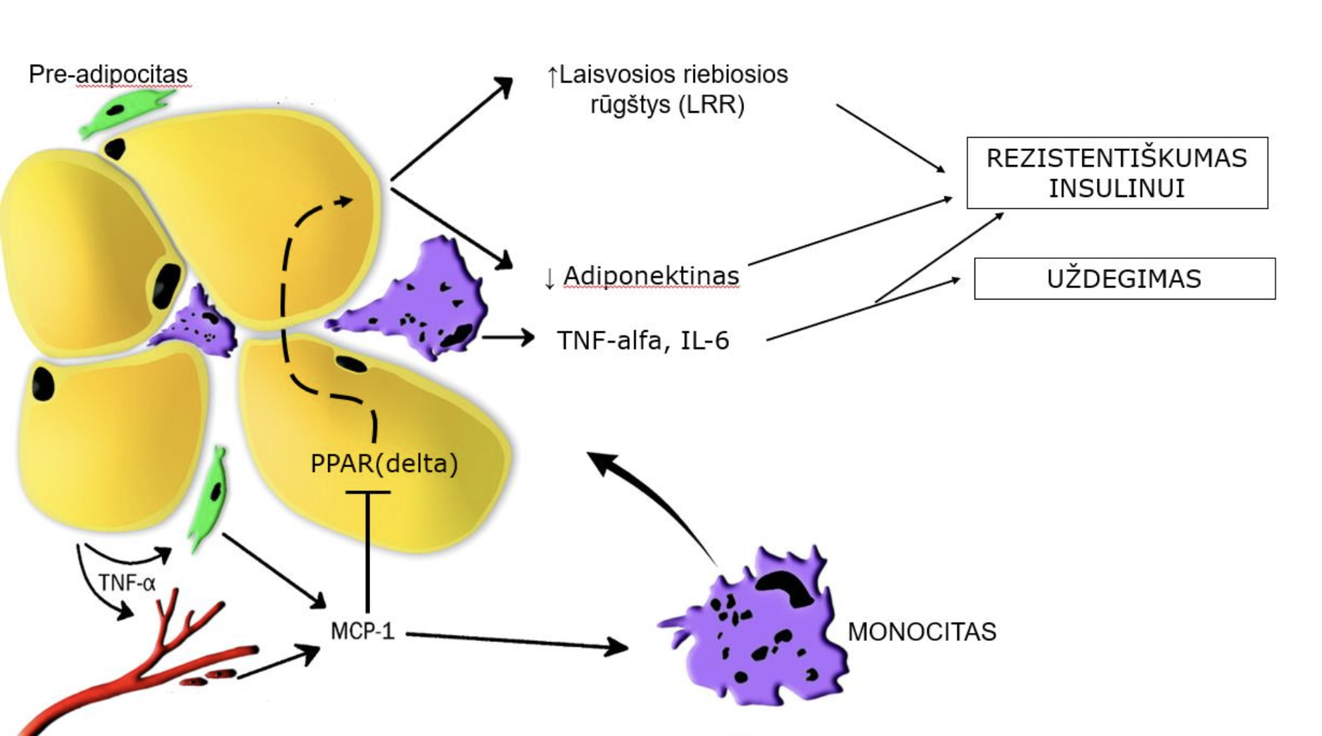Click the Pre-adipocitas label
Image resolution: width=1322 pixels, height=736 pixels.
tap(108, 74)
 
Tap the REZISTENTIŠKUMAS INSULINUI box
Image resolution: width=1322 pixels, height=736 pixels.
tap(1116, 173)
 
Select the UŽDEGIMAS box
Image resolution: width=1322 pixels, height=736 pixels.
tap(1124, 279)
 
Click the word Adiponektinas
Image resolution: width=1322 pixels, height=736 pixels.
tap(651, 276)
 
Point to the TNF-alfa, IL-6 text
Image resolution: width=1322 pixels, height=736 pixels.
tap(643, 341)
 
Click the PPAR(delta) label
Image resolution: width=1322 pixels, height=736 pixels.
tap(384, 464)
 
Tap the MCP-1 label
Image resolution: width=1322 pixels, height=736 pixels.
tap(362, 631)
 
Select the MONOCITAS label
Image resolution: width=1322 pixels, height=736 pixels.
tap(921, 632)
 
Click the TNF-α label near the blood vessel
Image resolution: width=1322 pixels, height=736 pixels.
tap(126, 583)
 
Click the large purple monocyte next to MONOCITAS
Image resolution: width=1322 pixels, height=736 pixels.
tap(759, 632)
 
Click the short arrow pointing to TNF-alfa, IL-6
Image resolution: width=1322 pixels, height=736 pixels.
tap(507, 337)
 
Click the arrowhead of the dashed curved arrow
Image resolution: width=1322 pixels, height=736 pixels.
tap(345, 200)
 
